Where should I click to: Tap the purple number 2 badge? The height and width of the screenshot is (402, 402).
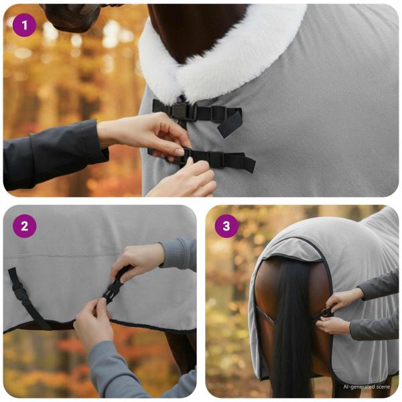24,226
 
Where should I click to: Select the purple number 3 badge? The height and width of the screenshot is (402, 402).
226,226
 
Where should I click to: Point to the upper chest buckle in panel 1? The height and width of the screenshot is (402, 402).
180,111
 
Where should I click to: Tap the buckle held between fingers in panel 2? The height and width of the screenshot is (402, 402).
113,290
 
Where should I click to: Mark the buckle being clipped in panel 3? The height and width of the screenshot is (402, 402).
325,312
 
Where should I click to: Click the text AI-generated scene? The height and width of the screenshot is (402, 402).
366,387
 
